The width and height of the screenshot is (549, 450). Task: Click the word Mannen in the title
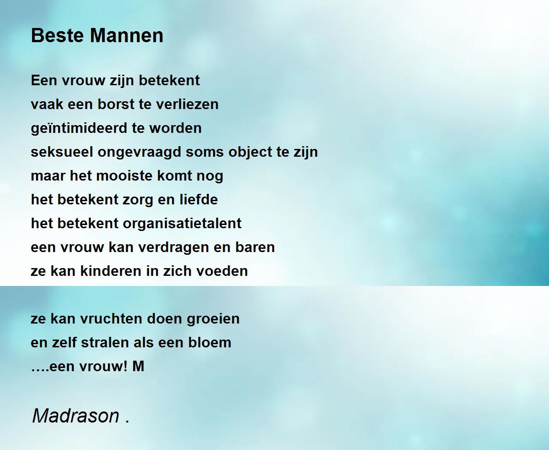(127, 35)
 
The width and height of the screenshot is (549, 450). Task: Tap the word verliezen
(187, 104)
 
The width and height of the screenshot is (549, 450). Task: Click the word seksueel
(62, 152)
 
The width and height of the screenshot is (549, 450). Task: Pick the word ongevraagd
(139, 153)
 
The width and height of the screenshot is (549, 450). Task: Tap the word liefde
(199, 200)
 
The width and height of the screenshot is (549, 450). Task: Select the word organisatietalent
(182, 224)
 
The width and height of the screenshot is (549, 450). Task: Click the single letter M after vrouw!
(138, 367)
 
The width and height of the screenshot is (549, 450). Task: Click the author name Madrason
(76, 416)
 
